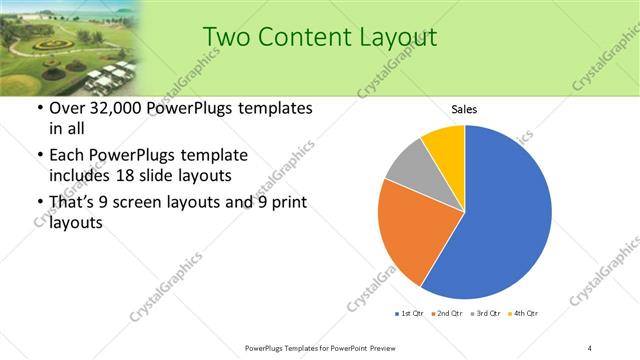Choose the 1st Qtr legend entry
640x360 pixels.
tap(409, 314)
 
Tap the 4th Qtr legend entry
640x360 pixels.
tap(525, 314)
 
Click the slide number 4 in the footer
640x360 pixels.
tap(590, 347)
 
